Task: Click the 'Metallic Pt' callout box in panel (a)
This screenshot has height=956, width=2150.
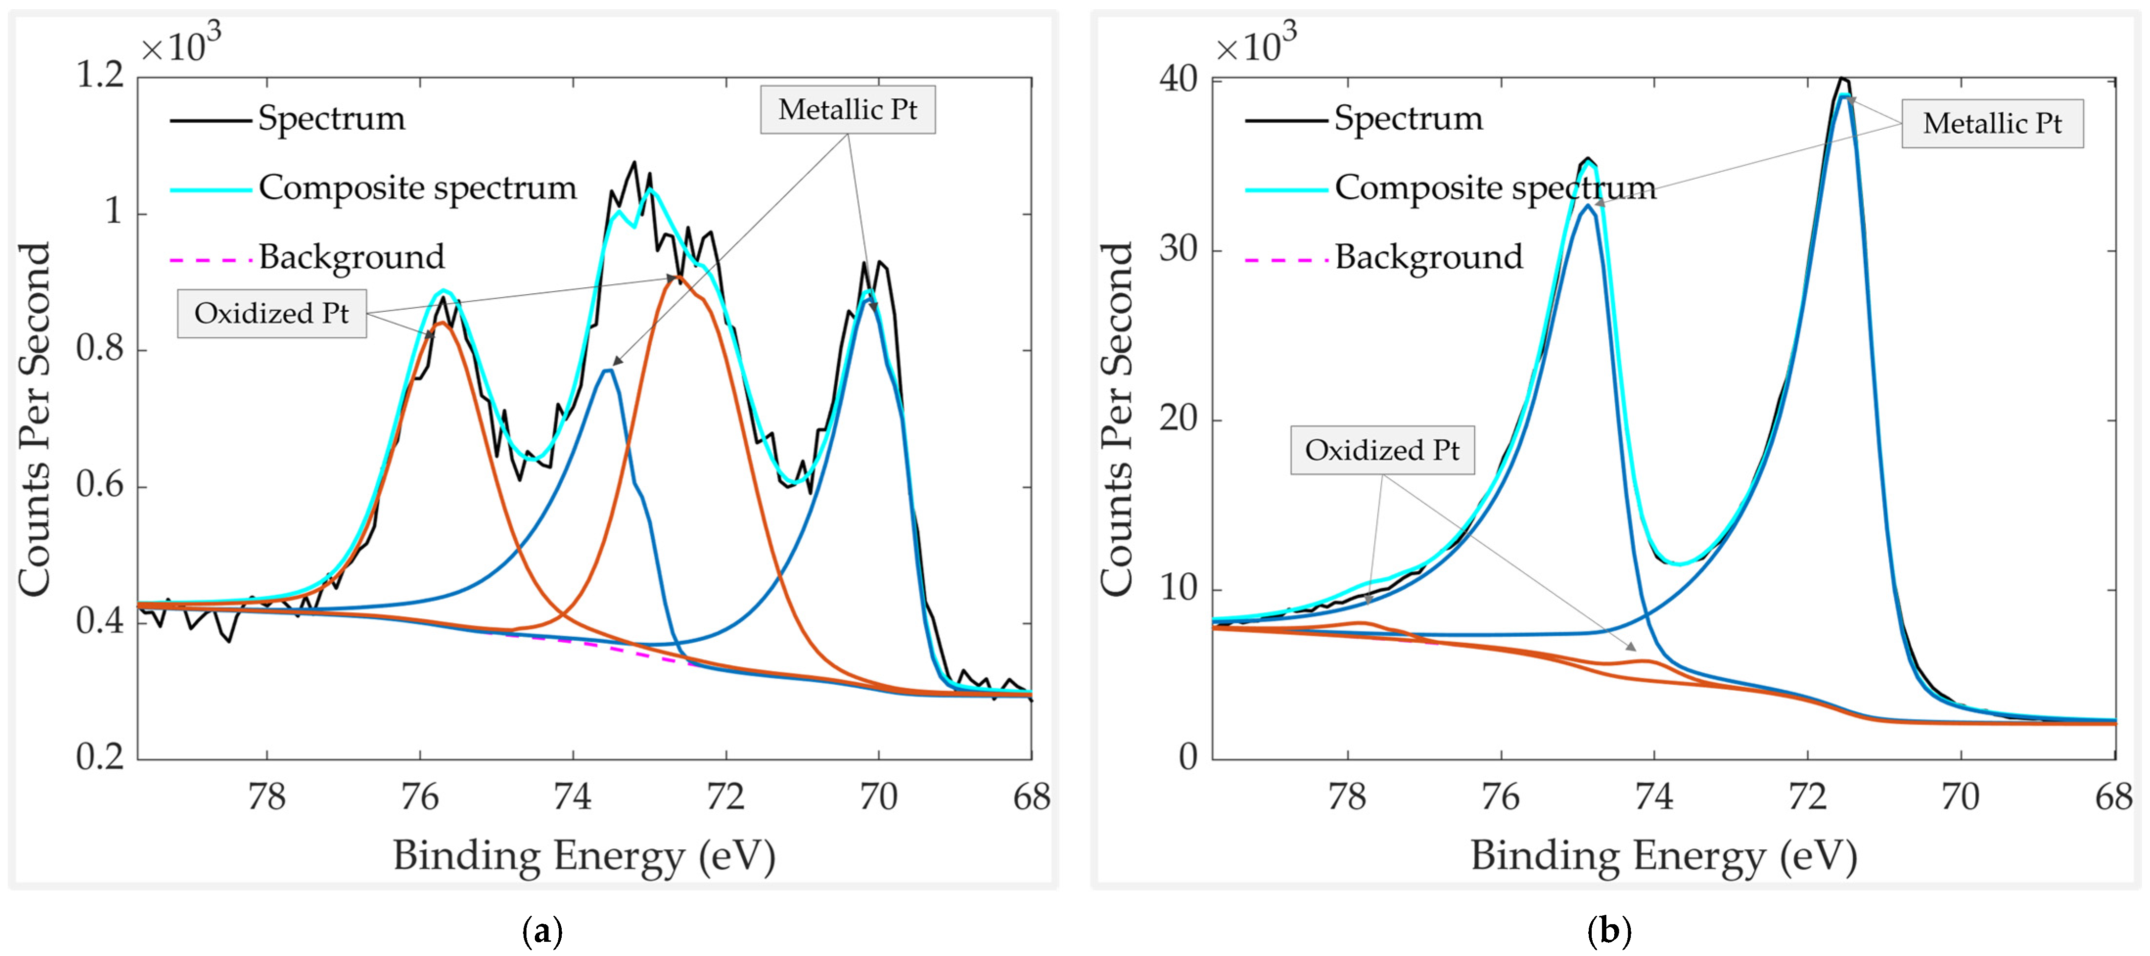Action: click(x=847, y=109)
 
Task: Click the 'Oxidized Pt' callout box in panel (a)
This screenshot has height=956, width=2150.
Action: click(x=271, y=313)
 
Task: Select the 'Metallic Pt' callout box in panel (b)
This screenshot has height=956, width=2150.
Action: click(x=1991, y=123)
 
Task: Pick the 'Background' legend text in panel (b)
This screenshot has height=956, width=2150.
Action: click(x=1428, y=257)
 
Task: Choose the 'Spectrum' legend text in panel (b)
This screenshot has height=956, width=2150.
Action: click(x=1408, y=118)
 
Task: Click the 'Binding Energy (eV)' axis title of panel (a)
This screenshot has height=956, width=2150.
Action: click(x=584, y=856)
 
